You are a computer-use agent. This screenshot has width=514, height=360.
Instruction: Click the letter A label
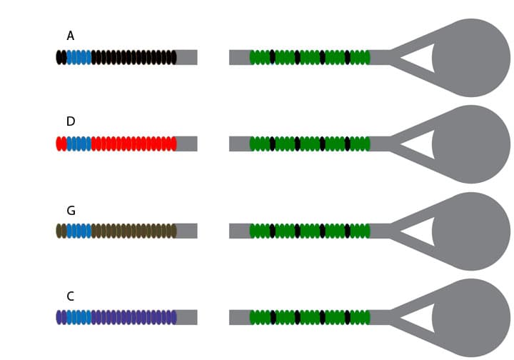(71, 36)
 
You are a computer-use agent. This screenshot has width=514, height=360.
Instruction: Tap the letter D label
(71, 121)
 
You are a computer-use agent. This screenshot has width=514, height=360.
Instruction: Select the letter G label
(71, 211)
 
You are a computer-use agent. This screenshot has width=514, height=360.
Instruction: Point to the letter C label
(71, 296)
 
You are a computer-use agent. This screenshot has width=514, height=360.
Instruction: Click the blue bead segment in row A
(79, 57)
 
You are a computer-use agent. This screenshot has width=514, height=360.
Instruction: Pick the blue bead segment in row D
(79, 144)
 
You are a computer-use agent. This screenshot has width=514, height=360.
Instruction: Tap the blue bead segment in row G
(79, 231)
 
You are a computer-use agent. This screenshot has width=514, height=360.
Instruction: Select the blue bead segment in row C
(79, 317)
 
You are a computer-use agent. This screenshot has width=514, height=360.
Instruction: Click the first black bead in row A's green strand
(273, 57)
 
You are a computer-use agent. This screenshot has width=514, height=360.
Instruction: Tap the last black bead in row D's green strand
(348, 144)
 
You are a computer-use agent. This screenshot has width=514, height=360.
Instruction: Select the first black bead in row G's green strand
(273, 231)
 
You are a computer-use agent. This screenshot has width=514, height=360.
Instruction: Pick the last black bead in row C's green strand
(348, 317)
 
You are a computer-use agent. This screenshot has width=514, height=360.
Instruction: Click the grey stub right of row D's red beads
(187, 144)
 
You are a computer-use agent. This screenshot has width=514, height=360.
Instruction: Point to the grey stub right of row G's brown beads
(187, 231)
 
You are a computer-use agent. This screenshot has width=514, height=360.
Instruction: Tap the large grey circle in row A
(471, 58)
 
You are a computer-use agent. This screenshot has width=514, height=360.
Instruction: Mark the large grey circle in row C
(471, 318)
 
